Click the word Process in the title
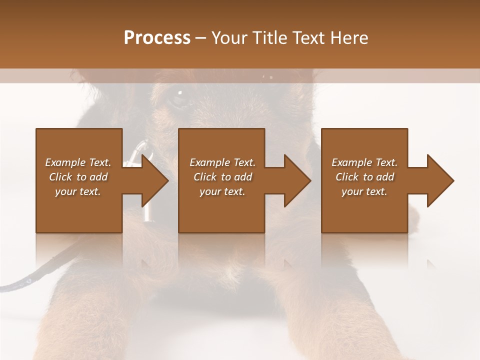point(157,38)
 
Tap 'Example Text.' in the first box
point(78,162)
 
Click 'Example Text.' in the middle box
point(222,162)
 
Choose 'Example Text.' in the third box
point(364,162)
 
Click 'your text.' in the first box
point(78,191)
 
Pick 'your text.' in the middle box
point(222,191)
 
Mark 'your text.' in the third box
point(364,191)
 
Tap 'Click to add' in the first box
point(78,177)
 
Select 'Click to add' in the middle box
point(222,177)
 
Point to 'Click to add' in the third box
point(364,177)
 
